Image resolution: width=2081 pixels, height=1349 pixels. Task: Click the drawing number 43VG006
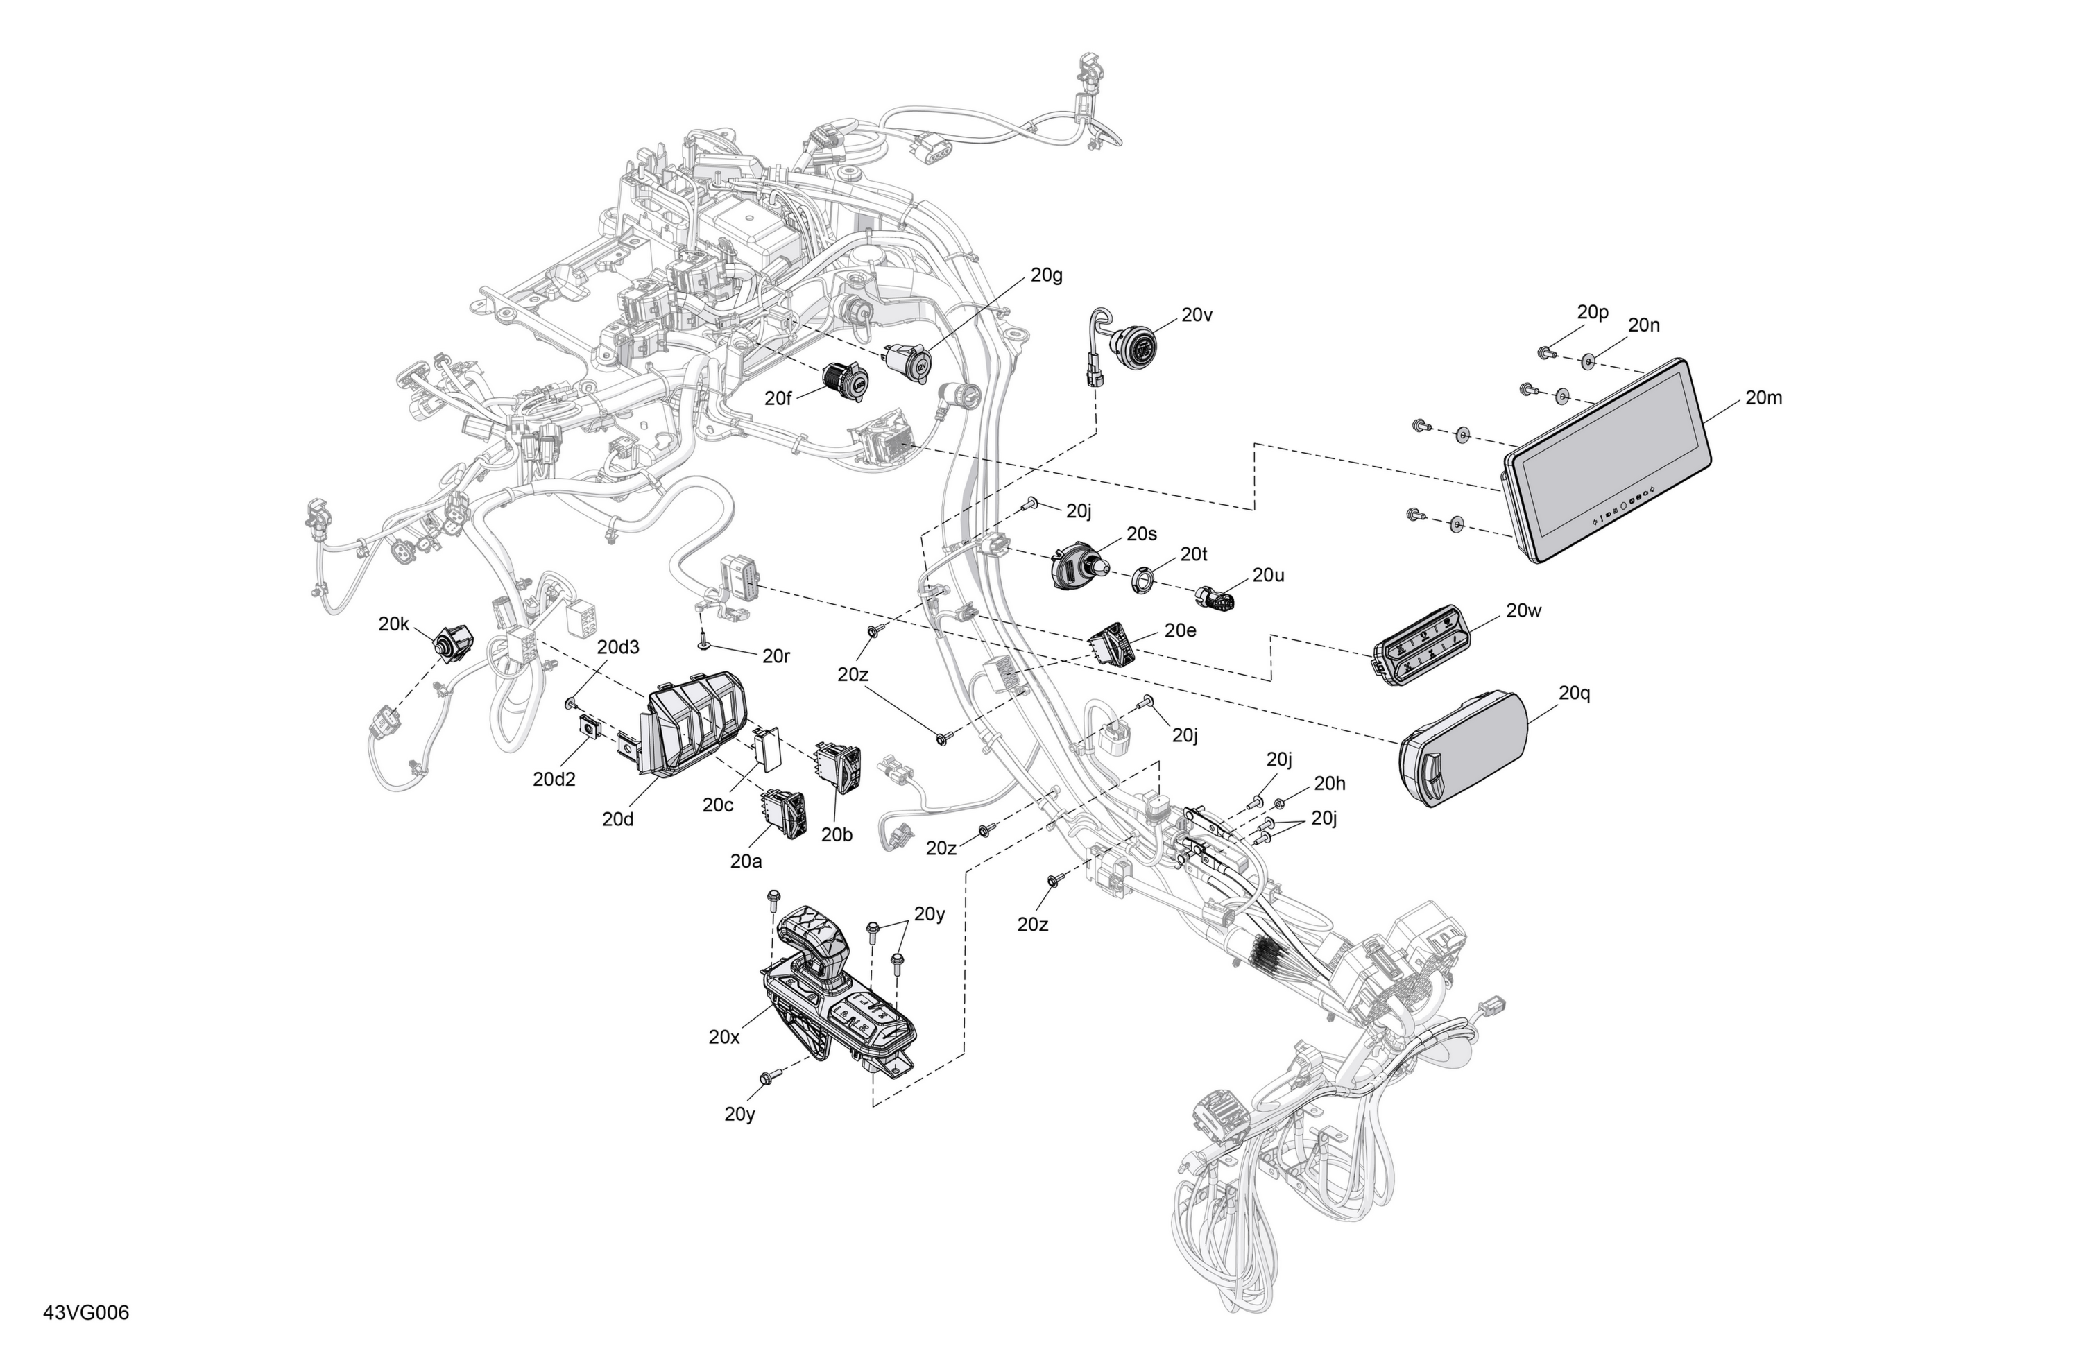tap(86, 1313)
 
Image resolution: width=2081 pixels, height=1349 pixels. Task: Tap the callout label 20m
tap(1763, 398)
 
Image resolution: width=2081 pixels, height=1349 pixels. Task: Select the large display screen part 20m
tap(1607, 461)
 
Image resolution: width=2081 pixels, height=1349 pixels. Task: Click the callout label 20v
tap(1197, 316)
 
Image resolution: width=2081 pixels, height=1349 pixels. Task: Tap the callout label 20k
tap(394, 624)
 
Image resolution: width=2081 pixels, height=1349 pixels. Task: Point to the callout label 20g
tap(1047, 275)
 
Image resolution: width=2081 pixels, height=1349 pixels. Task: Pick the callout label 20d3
tap(618, 647)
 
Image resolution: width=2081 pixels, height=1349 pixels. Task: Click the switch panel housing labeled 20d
tap(692, 723)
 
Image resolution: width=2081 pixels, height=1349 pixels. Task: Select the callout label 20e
tap(1181, 630)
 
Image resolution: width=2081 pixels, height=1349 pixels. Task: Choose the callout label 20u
tap(1269, 575)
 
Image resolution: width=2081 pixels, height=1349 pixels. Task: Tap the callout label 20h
tap(1330, 783)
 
